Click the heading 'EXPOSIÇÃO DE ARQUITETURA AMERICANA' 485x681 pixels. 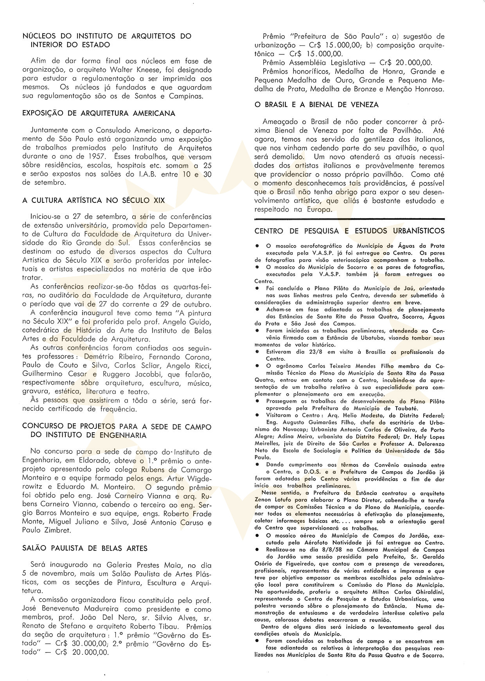click(x=99, y=114)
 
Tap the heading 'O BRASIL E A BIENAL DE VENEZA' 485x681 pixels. click(x=316, y=105)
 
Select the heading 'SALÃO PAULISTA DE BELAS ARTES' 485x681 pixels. click(x=85, y=548)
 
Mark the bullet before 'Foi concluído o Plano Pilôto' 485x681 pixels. click(x=257, y=288)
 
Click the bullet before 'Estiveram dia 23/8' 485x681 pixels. click(x=257, y=352)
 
